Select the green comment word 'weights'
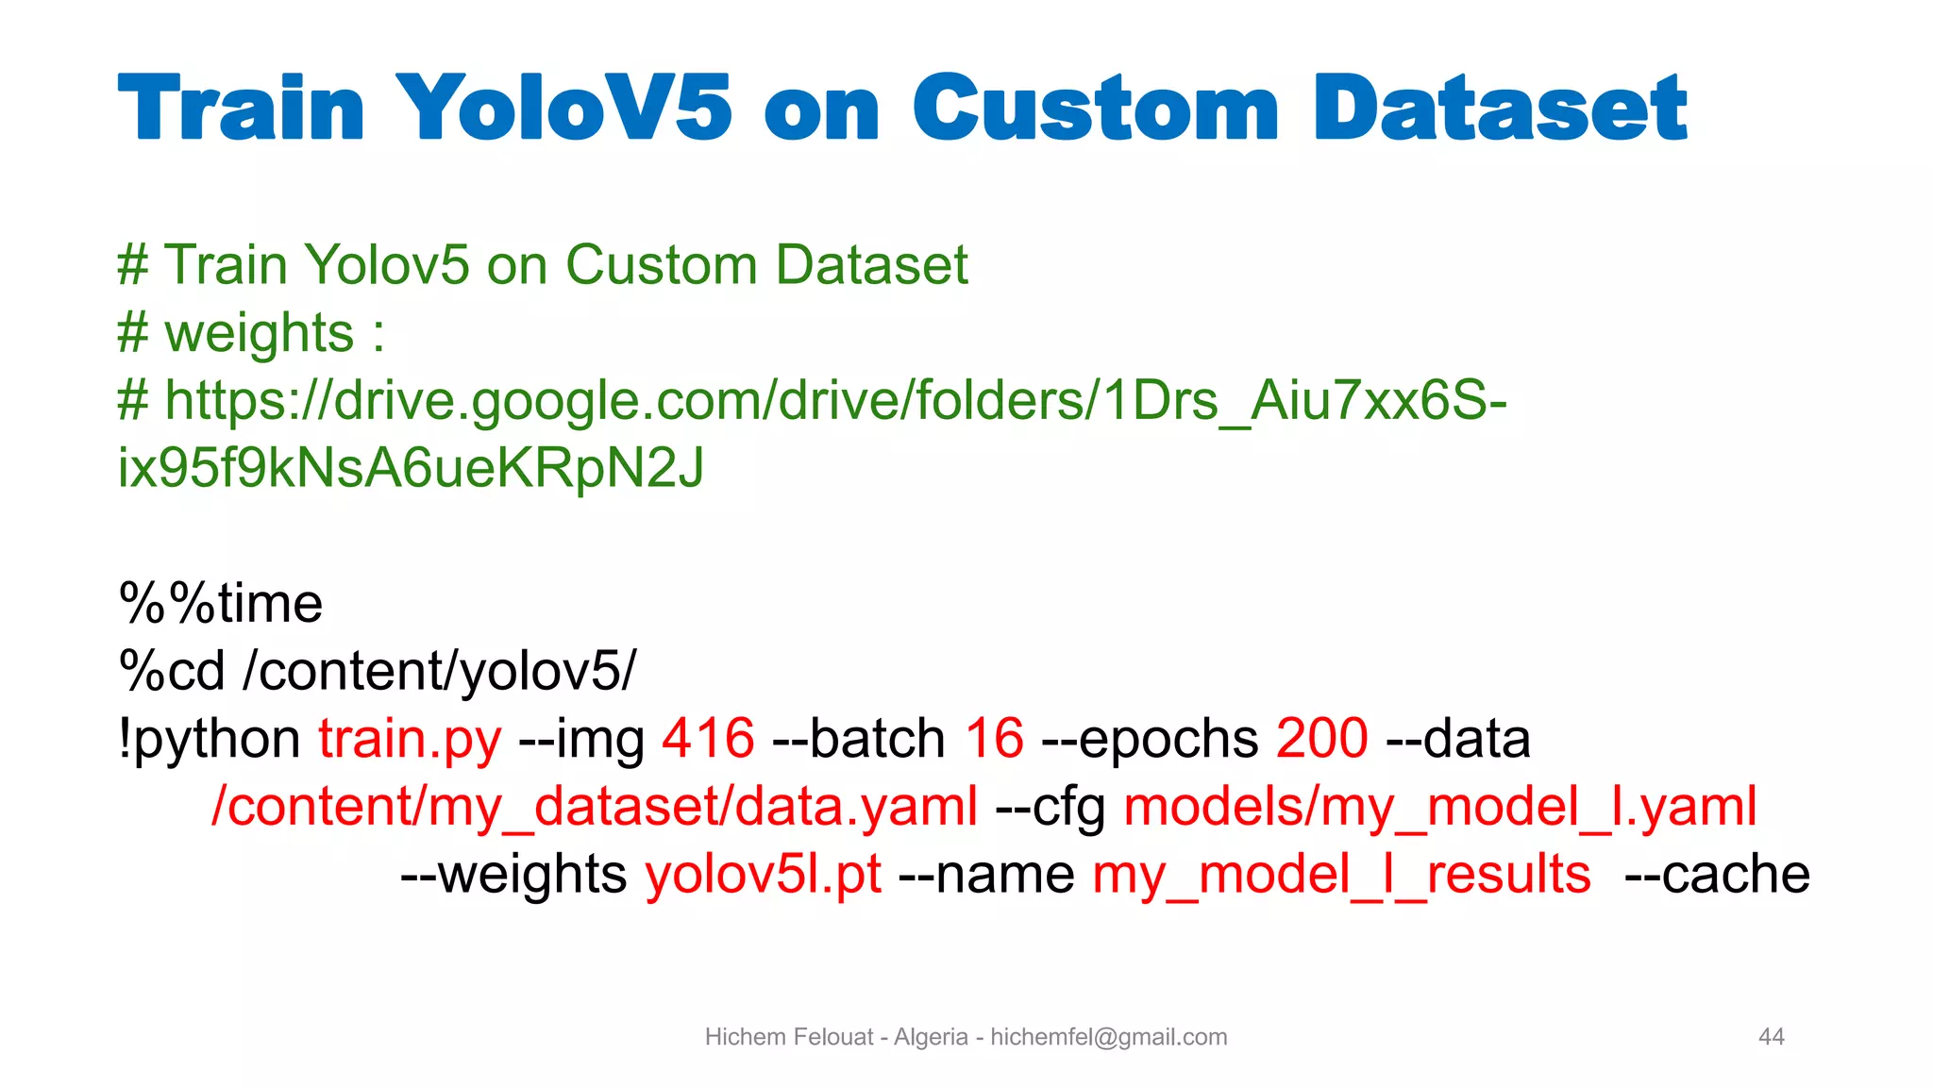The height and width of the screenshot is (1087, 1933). pyautogui.click(x=260, y=333)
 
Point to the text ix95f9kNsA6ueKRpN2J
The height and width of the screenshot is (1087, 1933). pyautogui.click(x=411, y=468)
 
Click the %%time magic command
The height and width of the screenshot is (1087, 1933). pyautogui.click(x=221, y=603)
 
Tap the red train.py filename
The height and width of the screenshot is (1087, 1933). pyautogui.click(x=410, y=739)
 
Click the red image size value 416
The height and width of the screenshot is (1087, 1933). pyautogui.click(x=708, y=738)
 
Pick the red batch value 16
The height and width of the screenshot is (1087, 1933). pyautogui.click(x=994, y=738)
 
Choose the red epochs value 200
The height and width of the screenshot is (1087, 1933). pyautogui.click(x=1321, y=738)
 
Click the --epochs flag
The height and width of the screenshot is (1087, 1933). pyautogui.click(x=1150, y=739)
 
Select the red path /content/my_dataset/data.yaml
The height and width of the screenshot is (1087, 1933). pyautogui.click(x=595, y=807)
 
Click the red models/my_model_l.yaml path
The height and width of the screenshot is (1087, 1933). pyautogui.click(x=1440, y=807)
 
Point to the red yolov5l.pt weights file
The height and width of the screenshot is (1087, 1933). pyautogui.click(x=764, y=875)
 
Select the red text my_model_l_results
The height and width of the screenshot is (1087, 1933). pyautogui.click(x=1341, y=875)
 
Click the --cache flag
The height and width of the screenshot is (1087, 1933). pyautogui.click(x=1717, y=875)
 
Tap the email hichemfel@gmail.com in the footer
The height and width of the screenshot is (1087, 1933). pyautogui.click(x=1108, y=1037)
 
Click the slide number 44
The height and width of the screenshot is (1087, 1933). pyautogui.click(x=1772, y=1037)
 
